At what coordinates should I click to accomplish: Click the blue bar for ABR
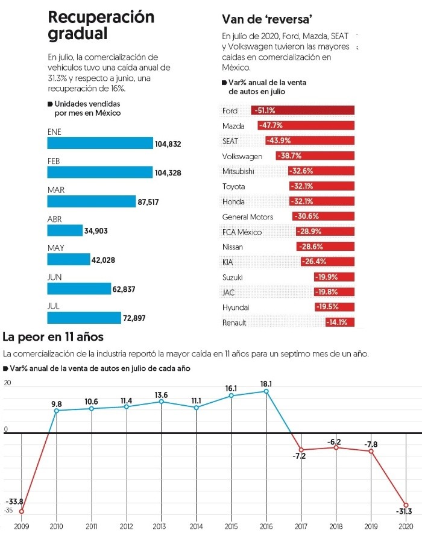[x=65, y=230]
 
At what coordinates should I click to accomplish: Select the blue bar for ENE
[x=100, y=143]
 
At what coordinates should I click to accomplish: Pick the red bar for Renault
[x=340, y=323]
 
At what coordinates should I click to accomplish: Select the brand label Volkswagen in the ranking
[x=242, y=156]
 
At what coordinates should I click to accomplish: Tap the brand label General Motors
[x=248, y=216]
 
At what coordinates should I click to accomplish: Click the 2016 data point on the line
[x=266, y=391]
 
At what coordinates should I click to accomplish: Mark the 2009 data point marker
[x=22, y=511]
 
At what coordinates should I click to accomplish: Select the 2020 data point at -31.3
[x=406, y=505]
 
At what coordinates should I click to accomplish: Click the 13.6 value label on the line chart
[x=161, y=395]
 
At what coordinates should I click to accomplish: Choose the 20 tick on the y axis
[x=8, y=383]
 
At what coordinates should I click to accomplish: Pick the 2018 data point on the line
[x=336, y=447]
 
